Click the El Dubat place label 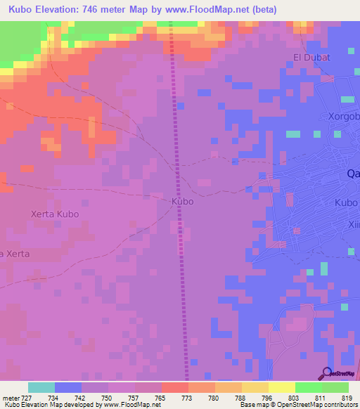pyautogui.click(x=311, y=57)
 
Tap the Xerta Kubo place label pyautogui.click(x=56, y=214)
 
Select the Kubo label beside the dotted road pyautogui.click(x=182, y=201)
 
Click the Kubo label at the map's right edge pyautogui.click(x=347, y=202)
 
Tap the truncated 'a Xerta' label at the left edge pyautogui.click(x=15, y=253)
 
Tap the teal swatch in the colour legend pyautogui.click(x=41, y=387)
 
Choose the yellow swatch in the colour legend pyautogui.click(x=281, y=387)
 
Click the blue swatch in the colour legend pyautogui.click(x=68, y=387)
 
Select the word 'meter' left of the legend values pyautogui.click(x=11, y=398)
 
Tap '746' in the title pyautogui.click(x=101, y=10)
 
